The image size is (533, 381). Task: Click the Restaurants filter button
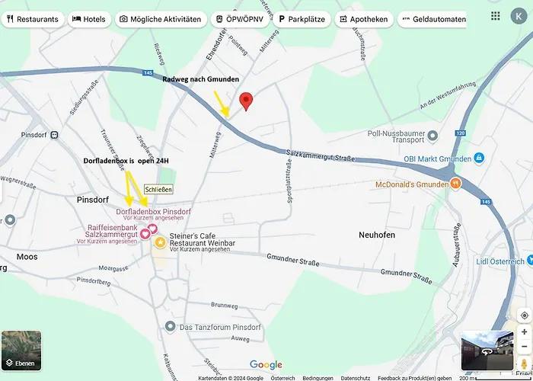point(31,19)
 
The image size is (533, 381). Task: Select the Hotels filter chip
point(89,19)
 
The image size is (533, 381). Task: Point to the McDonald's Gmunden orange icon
point(455,184)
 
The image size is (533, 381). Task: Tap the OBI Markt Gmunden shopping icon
point(479,158)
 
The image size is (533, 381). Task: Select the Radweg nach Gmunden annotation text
point(201,79)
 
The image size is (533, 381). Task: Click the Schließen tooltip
point(158,189)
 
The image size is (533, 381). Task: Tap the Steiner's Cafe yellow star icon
point(161,242)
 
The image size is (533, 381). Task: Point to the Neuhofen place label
point(377,235)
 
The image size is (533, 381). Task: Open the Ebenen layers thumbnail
point(21,350)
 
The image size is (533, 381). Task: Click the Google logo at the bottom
point(266,365)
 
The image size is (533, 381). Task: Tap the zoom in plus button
point(524,332)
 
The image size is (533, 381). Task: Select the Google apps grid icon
point(496,16)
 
